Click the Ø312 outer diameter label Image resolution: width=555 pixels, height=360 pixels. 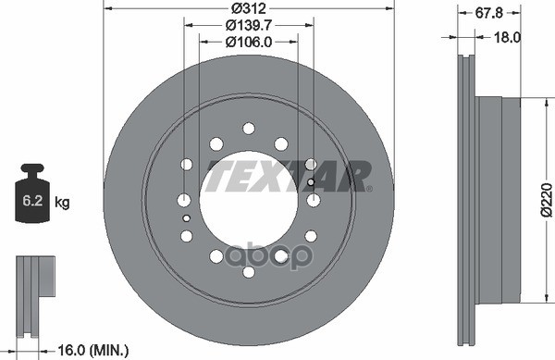click(x=247, y=9)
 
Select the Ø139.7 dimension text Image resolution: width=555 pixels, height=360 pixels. click(x=247, y=25)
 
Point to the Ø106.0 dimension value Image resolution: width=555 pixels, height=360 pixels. click(x=247, y=41)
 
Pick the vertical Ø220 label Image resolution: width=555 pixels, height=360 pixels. click(x=546, y=198)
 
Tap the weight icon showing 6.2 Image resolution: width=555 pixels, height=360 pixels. click(x=31, y=197)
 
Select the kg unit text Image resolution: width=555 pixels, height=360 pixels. click(x=63, y=201)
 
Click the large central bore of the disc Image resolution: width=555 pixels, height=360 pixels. click(x=248, y=198)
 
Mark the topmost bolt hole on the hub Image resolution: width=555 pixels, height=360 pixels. click(x=248, y=129)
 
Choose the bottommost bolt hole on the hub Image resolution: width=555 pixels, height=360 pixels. click(x=248, y=271)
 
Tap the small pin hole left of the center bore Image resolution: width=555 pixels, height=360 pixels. click(x=187, y=218)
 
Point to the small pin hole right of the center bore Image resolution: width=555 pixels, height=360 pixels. click(x=311, y=181)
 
